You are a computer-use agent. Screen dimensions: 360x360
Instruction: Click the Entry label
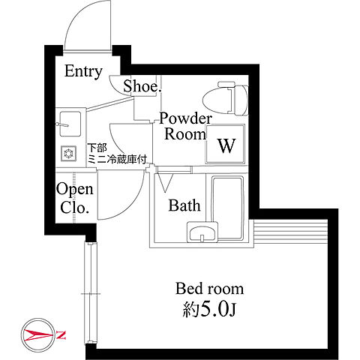click(83, 72)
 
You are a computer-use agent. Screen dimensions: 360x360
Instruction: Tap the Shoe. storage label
click(142, 86)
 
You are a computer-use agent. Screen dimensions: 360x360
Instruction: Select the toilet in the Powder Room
click(226, 98)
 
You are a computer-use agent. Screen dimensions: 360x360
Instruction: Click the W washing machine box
click(225, 144)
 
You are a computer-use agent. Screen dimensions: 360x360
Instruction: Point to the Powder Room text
click(185, 126)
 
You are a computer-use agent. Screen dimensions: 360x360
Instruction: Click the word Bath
click(184, 205)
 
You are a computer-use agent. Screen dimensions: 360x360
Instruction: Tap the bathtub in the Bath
click(227, 208)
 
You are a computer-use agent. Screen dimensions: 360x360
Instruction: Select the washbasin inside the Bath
click(202, 232)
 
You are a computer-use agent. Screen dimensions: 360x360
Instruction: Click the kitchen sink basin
click(70, 124)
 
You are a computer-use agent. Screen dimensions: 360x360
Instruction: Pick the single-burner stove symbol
click(68, 153)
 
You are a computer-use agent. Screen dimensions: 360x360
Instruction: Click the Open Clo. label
click(74, 198)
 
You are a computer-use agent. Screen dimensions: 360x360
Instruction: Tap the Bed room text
click(209, 289)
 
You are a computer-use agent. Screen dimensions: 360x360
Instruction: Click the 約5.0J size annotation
click(209, 309)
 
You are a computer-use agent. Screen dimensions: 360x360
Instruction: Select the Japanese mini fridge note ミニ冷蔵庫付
click(117, 159)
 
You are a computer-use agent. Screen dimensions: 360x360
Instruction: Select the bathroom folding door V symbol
click(165, 183)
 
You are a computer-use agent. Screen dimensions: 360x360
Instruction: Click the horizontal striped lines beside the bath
click(290, 232)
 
